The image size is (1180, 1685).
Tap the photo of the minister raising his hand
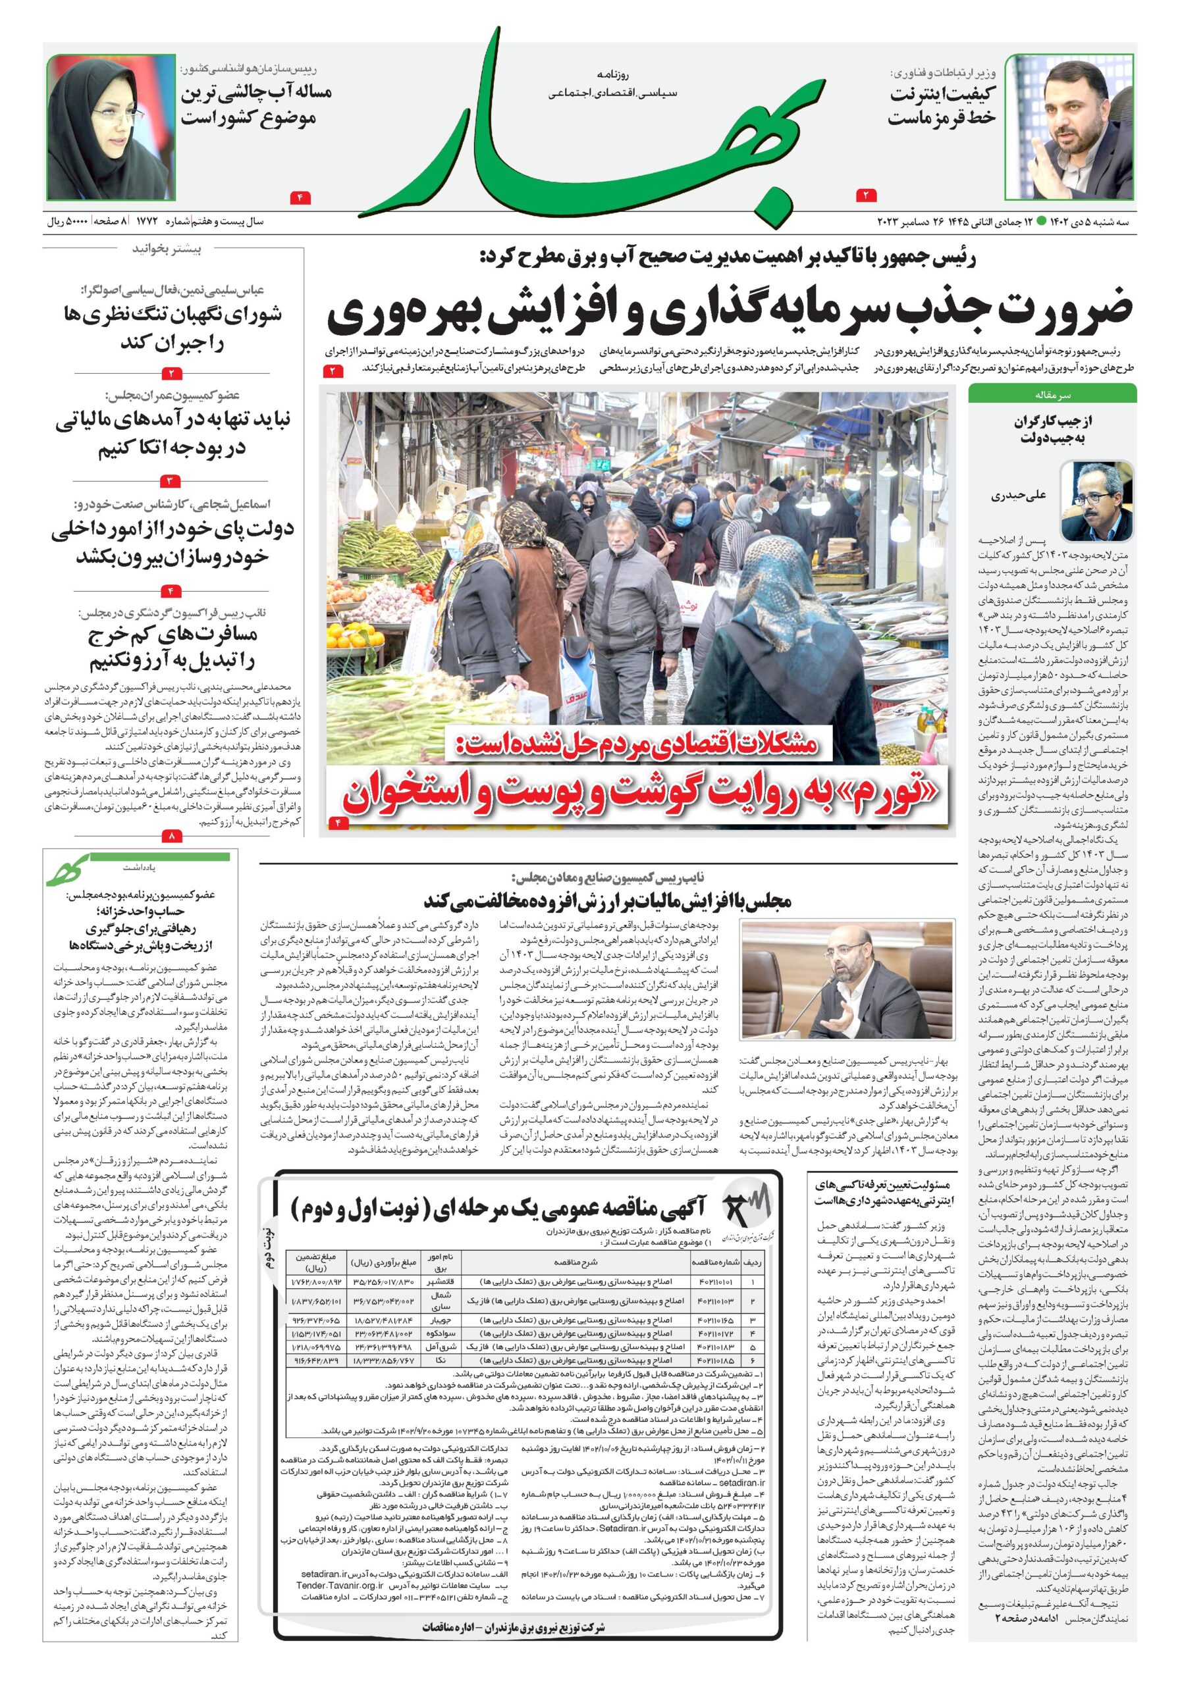pyautogui.click(x=1069, y=126)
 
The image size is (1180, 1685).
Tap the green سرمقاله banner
pyautogui.click(x=1052, y=394)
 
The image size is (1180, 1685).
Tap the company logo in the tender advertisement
pyautogui.click(x=748, y=1210)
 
